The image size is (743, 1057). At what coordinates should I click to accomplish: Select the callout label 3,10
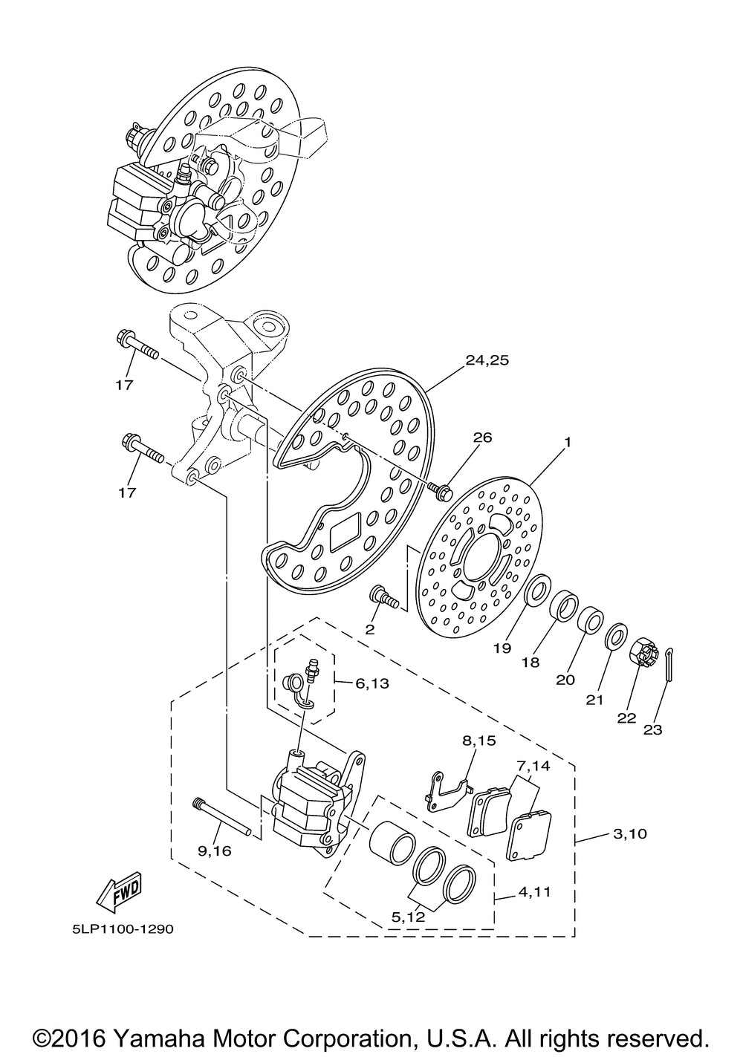click(x=630, y=834)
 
